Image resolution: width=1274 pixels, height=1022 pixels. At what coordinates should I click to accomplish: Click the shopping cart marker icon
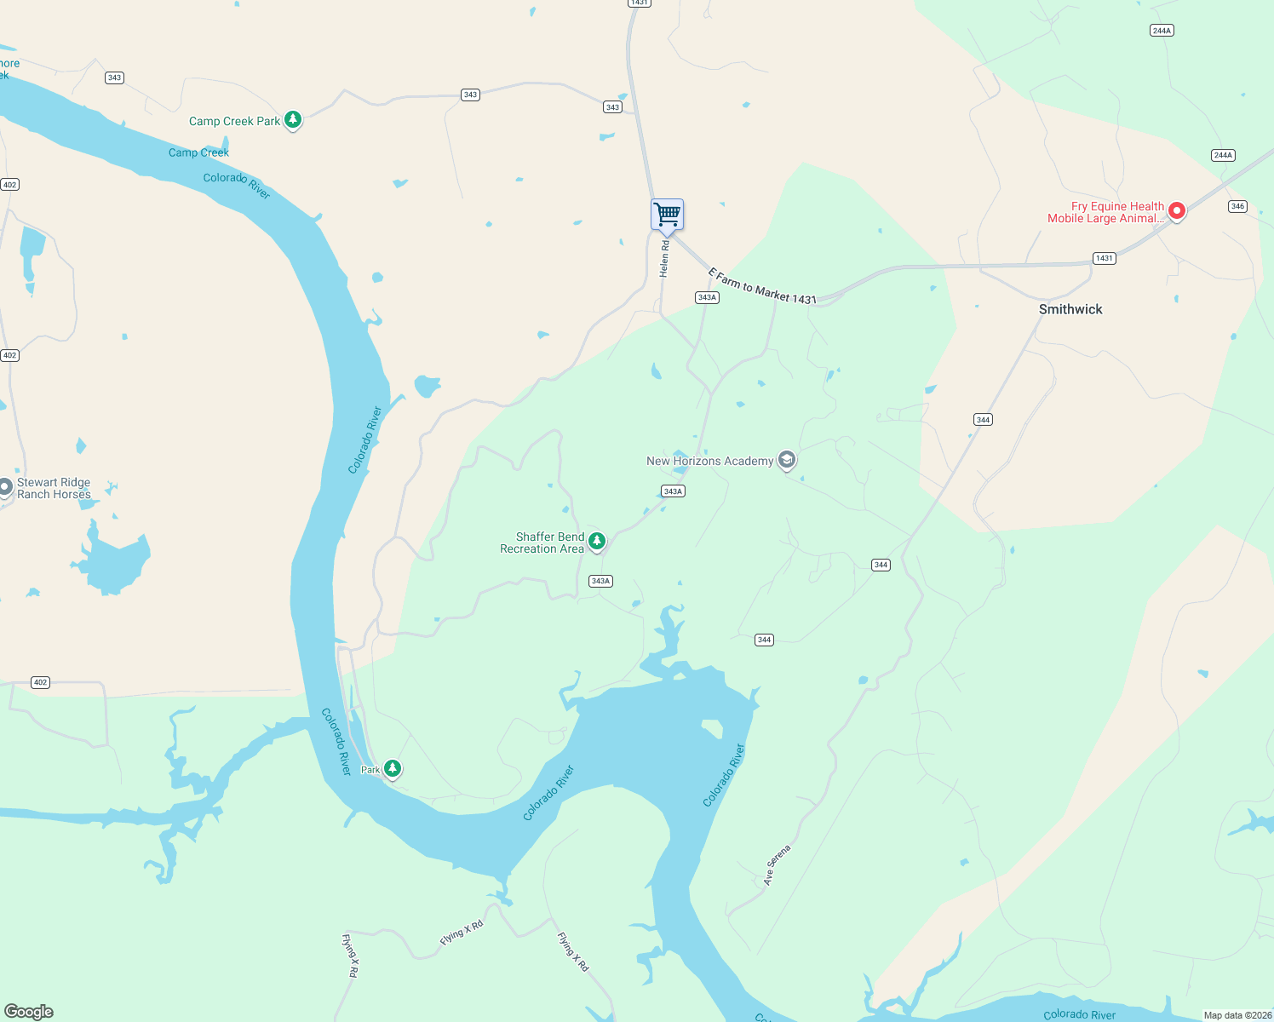point(668,214)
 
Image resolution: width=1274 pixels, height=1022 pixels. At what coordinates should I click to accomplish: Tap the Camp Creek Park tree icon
point(293,120)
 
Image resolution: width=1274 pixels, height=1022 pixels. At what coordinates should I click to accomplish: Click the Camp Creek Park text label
point(234,122)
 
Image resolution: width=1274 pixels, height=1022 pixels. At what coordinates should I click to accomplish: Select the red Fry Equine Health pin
point(1177,210)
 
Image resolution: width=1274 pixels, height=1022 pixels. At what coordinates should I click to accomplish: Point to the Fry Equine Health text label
point(1105,213)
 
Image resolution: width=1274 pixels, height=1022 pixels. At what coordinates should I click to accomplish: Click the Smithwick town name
point(1070,310)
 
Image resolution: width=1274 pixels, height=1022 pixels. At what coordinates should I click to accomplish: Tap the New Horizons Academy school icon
point(787,461)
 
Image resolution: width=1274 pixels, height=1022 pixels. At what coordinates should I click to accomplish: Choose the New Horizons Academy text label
point(709,462)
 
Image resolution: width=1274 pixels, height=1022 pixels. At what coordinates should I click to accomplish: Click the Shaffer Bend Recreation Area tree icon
point(598,541)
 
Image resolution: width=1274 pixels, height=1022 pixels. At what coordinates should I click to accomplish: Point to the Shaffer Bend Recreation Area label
point(542,543)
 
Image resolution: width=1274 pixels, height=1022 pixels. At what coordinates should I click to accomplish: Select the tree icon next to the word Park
point(393,769)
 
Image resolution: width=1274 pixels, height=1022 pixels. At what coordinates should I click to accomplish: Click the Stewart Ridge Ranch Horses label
point(54,489)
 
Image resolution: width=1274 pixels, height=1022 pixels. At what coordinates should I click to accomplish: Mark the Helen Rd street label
point(664,259)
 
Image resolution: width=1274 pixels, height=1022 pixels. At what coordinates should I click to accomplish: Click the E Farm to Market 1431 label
point(762,286)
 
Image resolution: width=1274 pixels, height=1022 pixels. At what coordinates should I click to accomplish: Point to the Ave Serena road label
point(777,865)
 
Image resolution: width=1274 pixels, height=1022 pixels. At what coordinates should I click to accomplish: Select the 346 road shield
point(1237,206)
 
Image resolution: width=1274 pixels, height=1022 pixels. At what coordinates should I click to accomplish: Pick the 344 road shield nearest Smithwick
point(983,420)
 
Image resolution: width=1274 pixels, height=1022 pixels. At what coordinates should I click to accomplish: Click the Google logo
point(29,1012)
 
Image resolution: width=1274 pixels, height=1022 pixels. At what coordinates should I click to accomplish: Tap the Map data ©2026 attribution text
point(1237,1015)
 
